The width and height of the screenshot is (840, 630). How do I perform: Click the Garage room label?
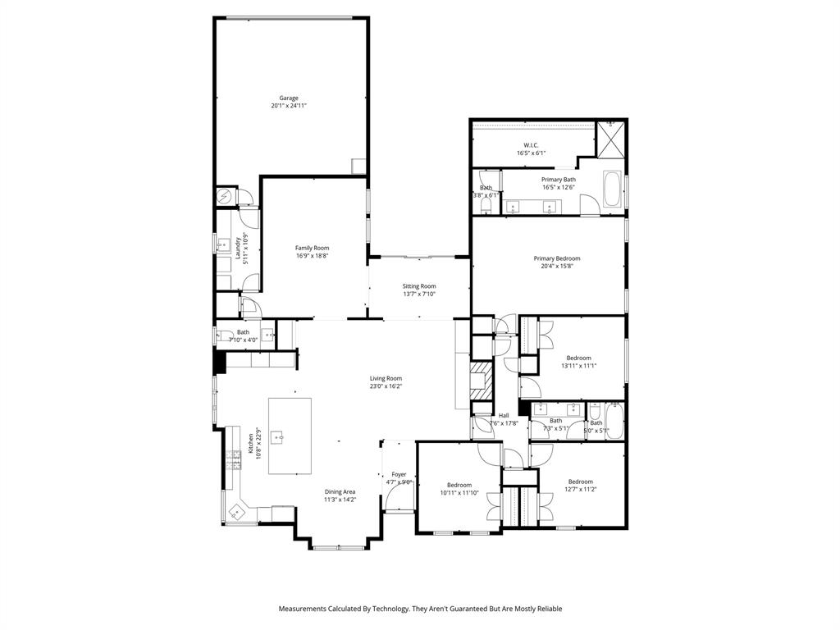tap(289, 98)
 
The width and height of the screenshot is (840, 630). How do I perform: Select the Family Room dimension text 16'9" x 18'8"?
tap(312, 256)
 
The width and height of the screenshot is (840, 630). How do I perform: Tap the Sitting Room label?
tap(418, 286)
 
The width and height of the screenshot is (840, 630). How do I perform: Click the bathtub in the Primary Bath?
tap(612, 190)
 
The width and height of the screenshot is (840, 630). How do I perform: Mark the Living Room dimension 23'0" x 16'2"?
tap(386, 386)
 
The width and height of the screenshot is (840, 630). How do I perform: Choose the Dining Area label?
tap(340, 491)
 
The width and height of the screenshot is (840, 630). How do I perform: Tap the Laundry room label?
tap(237, 249)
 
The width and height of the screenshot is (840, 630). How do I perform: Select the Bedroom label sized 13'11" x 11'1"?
tap(578, 358)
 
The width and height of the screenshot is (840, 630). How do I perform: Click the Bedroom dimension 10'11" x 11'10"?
tap(458, 493)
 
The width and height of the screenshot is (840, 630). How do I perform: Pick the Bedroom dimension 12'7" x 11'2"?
tap(580, 490)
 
